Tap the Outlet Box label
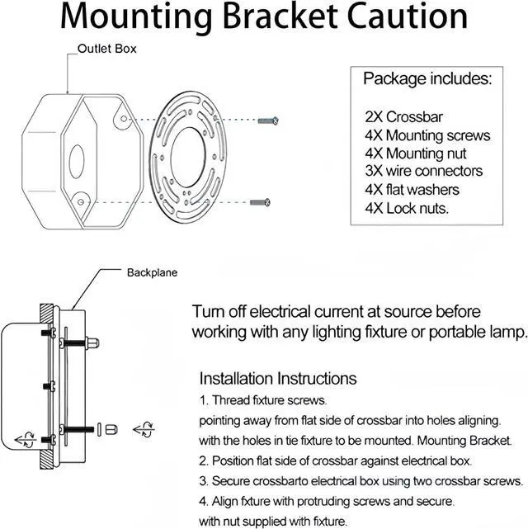tap(107, 49)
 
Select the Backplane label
tap(152, 272)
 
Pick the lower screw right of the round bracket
tap(261, 200)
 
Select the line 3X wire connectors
tap(423, 171)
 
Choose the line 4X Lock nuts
tap(407, 208)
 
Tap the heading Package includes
tap(427, 79)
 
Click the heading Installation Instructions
tap(278, 379)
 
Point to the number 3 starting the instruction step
tap(203, 481)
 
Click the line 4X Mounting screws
tap(427, 135)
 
